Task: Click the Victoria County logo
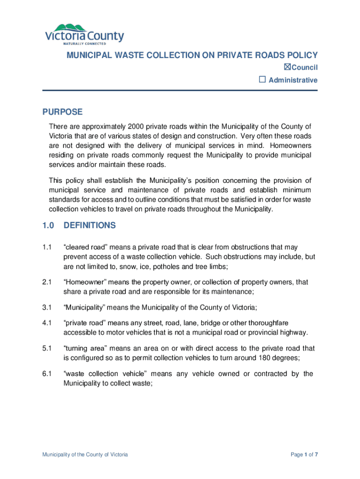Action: pyautogui.click(x=84, y=34)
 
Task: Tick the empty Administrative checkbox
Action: pyautogui.click(x=263, y=80)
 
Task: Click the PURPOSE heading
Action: pyautogui.click(x=63, y=112)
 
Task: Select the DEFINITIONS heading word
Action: pyautogui.click(x=89, y=225)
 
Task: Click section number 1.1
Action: pyautogui.click(x=47, y=247)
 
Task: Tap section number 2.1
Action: pyautogui.click(x=47, y=283)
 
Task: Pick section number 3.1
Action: pyautogui.click(x=47, y=307)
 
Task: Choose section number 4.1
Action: pyautogui.click(x=47, y=323)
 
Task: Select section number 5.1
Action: pyautogui.click(x=47, y=348)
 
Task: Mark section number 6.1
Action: pyautogui.click(x=47, y=374)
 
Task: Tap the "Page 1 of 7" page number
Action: pyautogui.click(x=304, y=455)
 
